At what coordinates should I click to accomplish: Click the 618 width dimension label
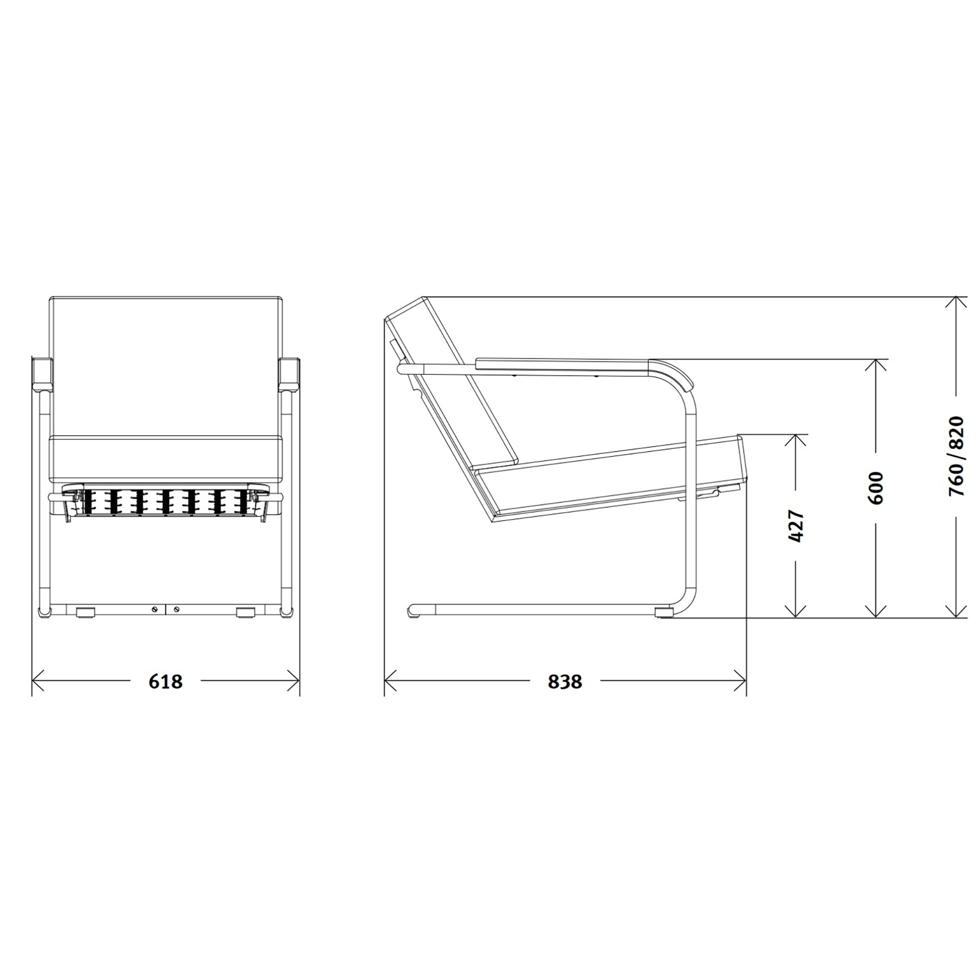coord(165,681)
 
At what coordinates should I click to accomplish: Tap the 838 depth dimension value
coord(564,681)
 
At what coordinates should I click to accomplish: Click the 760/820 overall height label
coord(955,457)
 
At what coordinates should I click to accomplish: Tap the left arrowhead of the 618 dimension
coord(39,681)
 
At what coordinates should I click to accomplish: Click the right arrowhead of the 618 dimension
coord(293,681)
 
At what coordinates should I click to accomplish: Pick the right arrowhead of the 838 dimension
coord(739,681)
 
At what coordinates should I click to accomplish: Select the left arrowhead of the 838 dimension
coord(391,681)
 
